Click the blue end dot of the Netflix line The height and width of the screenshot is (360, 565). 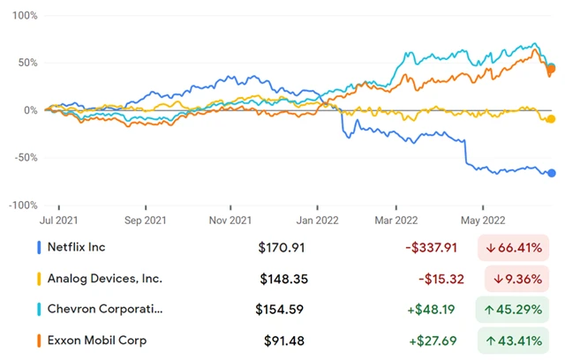(x=552, y=173)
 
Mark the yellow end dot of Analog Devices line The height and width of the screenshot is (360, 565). (x=552, y=119)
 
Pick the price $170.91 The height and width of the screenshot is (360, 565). (x=280, y=248)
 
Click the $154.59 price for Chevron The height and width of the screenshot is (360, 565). (x=280, y=310)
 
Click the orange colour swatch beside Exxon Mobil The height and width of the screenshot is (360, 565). (x=40, y=341)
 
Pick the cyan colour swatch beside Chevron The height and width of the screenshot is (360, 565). (x=40, y=310)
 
